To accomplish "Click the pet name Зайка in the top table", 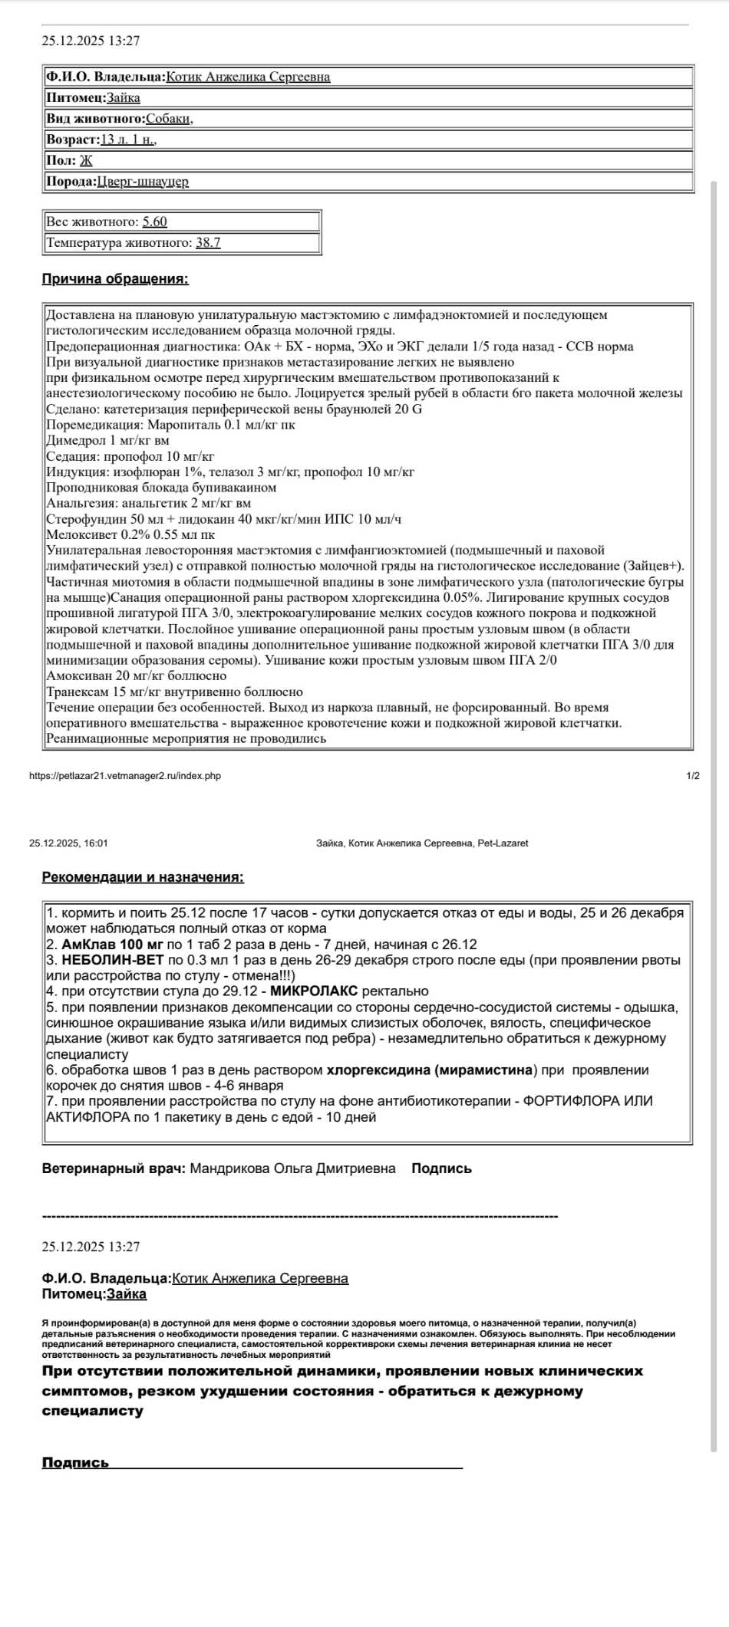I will (124, 97).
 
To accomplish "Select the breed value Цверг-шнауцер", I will (143, 181).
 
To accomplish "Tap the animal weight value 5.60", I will (154, 222).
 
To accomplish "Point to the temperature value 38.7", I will (208, 242).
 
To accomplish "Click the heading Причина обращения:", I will (115, 279).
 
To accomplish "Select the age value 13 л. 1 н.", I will (128, 140).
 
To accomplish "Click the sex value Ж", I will (86, 160).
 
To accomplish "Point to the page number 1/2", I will (693, 776).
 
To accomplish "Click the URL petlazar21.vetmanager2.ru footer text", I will (125, 776).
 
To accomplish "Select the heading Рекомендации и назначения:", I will (143, 877).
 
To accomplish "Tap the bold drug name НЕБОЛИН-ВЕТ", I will (113, 960).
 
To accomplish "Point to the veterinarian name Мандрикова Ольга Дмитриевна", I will (292, 1168).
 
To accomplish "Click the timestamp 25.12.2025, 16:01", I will (68, 843).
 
